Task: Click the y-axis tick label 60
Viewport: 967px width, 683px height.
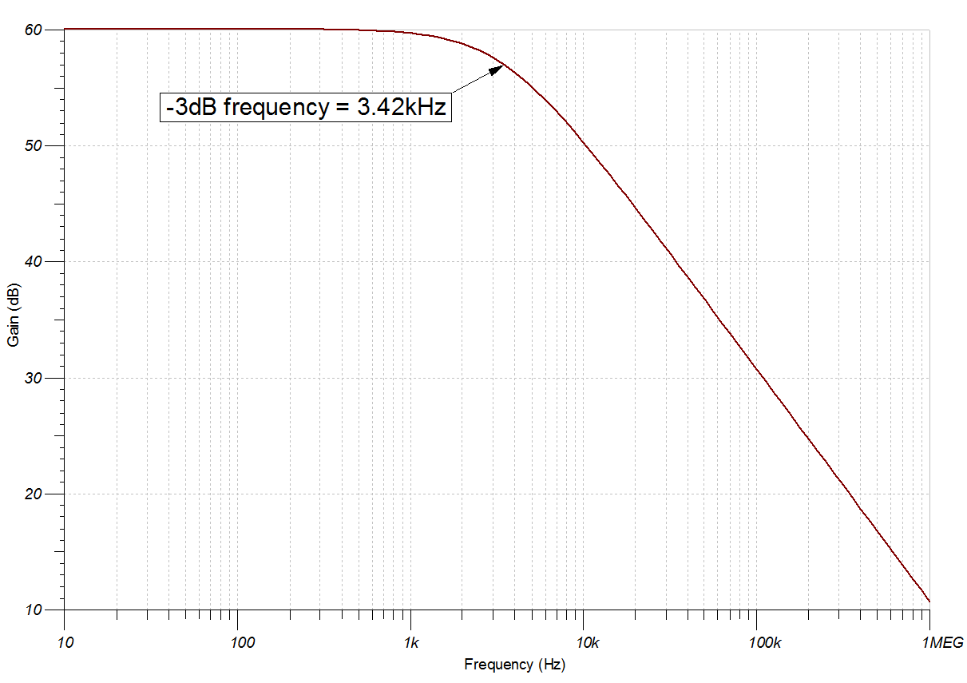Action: tap(33, 30)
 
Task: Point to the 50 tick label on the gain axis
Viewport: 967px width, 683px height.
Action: tap(33, 146)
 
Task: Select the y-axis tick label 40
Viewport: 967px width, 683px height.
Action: tap(33, 262)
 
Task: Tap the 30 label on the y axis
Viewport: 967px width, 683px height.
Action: tap(33, 378)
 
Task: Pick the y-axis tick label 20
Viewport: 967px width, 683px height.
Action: tap(33, 494)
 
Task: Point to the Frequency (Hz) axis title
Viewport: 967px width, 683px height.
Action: tap(514, 665)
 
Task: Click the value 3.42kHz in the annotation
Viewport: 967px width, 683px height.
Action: tap(402, 106)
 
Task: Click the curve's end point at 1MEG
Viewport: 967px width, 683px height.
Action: tap(929, 602)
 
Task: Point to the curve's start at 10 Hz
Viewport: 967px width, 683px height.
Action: tap(65, 30)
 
